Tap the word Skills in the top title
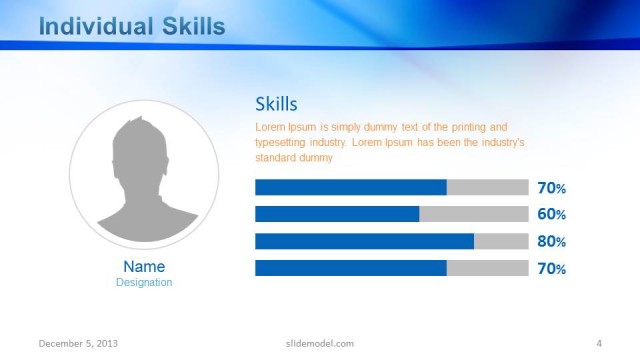(192, 26)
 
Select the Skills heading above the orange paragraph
(276, 104)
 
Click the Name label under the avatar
(144, 267)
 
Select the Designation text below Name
(144, 282)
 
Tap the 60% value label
(552, 214)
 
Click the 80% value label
(552, 241)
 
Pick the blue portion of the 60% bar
(337, 214)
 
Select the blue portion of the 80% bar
(364, 241)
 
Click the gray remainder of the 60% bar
(473, 214)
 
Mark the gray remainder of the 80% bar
(501, 241)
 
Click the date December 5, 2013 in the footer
(78, 343)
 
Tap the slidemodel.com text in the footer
(313, 343)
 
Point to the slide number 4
(598, 343)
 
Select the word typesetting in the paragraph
(280, 142)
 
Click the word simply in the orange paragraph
(345, 127)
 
